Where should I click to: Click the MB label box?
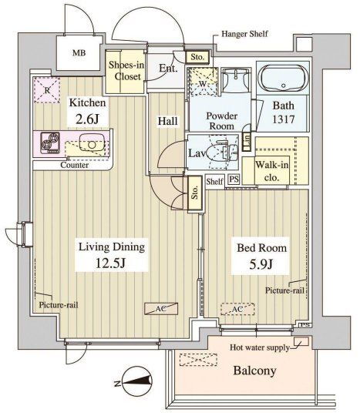point(79,53)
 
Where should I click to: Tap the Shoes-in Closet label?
point(126,71)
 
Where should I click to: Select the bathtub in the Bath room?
point(283,79)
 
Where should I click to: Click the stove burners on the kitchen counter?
point(50,143)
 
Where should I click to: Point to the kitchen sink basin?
point(92,143)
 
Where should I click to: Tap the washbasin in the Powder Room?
point(235,80)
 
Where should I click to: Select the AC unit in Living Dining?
point(161,309)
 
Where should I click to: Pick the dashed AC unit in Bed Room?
point(237,309)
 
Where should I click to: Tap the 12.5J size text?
point(110,263)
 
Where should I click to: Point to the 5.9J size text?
point(261,264)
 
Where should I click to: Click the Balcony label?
point(254,371)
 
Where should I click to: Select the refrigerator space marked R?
point(47,90)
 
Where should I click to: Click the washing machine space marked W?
point(202,82)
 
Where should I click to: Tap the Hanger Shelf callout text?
point(244,34)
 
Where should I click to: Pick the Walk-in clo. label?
point(272,171)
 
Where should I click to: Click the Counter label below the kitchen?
point(74,165)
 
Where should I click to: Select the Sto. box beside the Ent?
point(197,57)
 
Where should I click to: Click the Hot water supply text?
point(259,347)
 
